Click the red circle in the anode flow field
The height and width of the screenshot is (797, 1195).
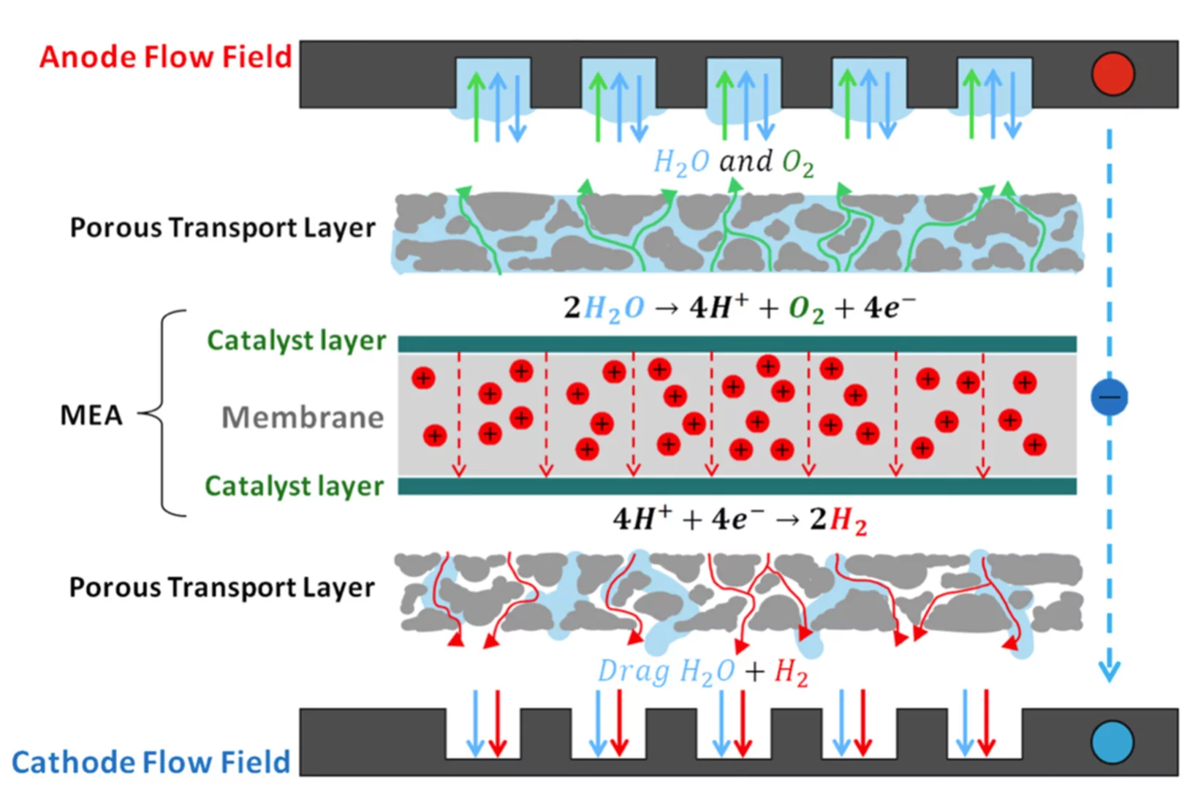(1112, 74)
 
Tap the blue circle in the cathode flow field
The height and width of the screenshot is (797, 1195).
(1112, 743)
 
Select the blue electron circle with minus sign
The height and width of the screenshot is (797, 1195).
(1109, 397)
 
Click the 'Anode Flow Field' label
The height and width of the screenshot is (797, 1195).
(165, 57)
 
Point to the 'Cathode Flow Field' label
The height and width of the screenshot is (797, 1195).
(151, 762)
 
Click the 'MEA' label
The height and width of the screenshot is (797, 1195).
(91, 415)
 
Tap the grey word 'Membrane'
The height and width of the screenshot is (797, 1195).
(303, 418)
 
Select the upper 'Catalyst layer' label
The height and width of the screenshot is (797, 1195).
(296, 340)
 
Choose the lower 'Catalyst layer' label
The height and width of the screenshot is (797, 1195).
(294, 486)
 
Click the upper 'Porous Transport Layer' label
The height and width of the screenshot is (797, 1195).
(222, 227)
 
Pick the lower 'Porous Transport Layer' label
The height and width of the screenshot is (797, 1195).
(221, 587)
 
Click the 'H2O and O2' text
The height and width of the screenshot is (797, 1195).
(733, 162)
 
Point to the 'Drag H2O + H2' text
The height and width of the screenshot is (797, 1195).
(702, 671)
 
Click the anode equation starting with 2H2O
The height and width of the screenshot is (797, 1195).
(738, 308)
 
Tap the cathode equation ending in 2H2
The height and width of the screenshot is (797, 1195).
(740, 520)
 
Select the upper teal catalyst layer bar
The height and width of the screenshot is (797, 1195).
(737, 344)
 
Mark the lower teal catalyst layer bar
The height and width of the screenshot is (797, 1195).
(737, 486)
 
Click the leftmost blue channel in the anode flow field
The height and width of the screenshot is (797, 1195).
(493, 86)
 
